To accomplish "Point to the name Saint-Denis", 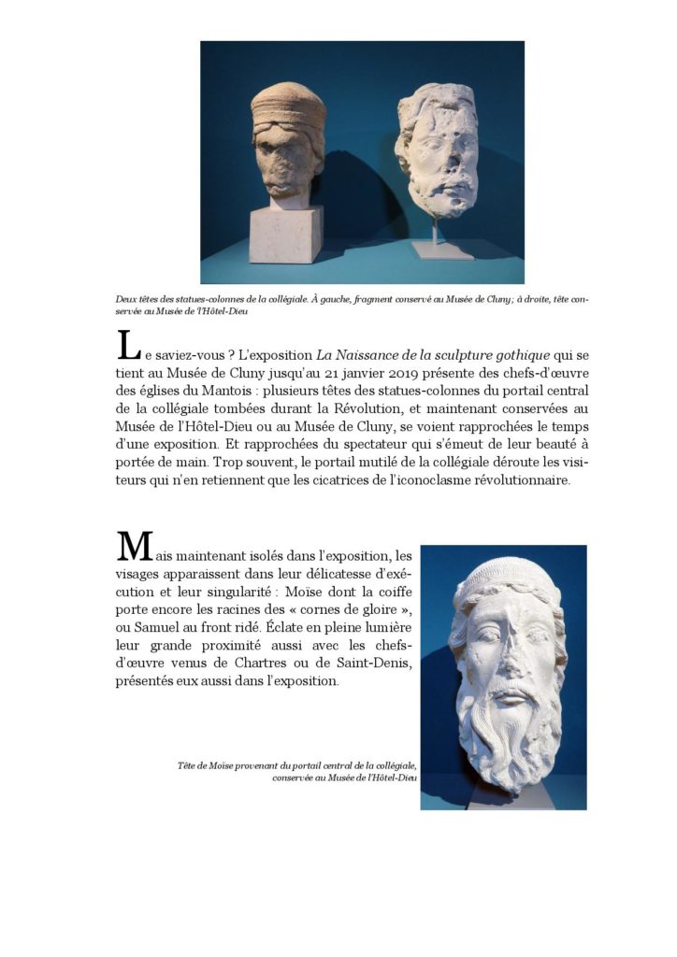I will click(374, 664).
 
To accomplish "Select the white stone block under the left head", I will click(285, 233).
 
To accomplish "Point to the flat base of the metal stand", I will click(442, 250).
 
